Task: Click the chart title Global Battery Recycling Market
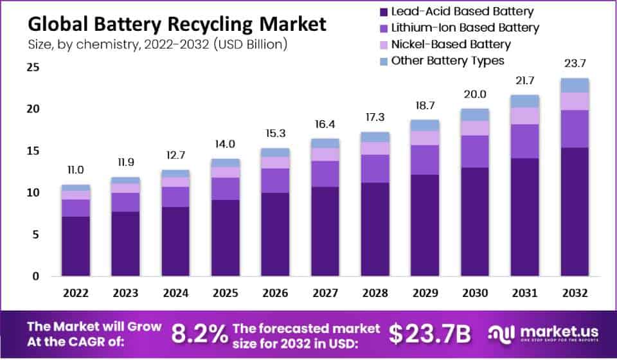coord(177,24)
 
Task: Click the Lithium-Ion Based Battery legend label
coord(465,28)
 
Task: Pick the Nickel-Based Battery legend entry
coord(451,44)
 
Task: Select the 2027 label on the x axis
coord(325,293)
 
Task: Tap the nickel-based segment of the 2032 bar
coord(574,101)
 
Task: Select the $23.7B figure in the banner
coord(430,333)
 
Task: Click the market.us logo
coord(543,332)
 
